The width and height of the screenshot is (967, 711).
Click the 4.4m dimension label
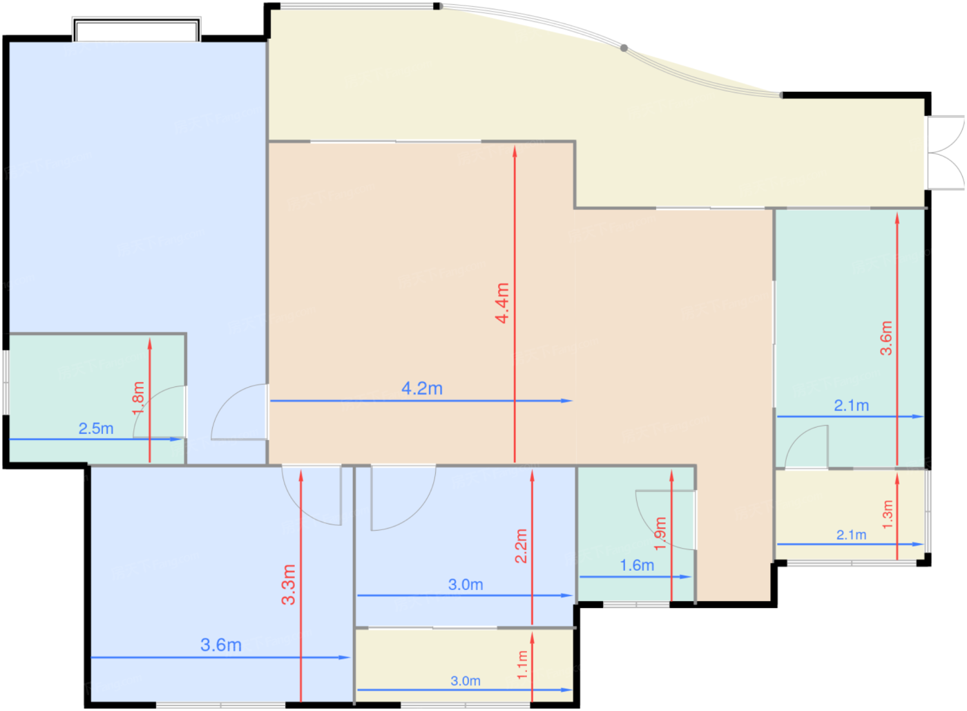(503, 303)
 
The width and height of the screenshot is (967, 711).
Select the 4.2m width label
(422, 388)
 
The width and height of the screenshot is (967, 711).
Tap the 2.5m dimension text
(96, 428)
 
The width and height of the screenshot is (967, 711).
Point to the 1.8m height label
(138, 398)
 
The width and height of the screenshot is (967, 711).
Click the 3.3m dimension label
(289, 585)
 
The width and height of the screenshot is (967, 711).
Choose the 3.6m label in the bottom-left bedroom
(221, 645)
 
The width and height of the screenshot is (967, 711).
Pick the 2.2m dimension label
(521, 546)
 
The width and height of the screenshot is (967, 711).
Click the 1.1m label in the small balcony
(522, 665)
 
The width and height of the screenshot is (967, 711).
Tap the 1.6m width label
(637, 565)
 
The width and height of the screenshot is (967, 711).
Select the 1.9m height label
(660, 533)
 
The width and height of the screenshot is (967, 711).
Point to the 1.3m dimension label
(888, 515)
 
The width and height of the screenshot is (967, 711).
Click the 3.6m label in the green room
(886, 338)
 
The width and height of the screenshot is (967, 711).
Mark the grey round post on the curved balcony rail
(624, 48)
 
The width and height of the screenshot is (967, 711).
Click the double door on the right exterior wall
(946, 153)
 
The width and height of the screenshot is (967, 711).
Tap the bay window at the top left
(137, 30)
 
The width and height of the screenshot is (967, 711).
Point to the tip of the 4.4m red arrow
(515, 147)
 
